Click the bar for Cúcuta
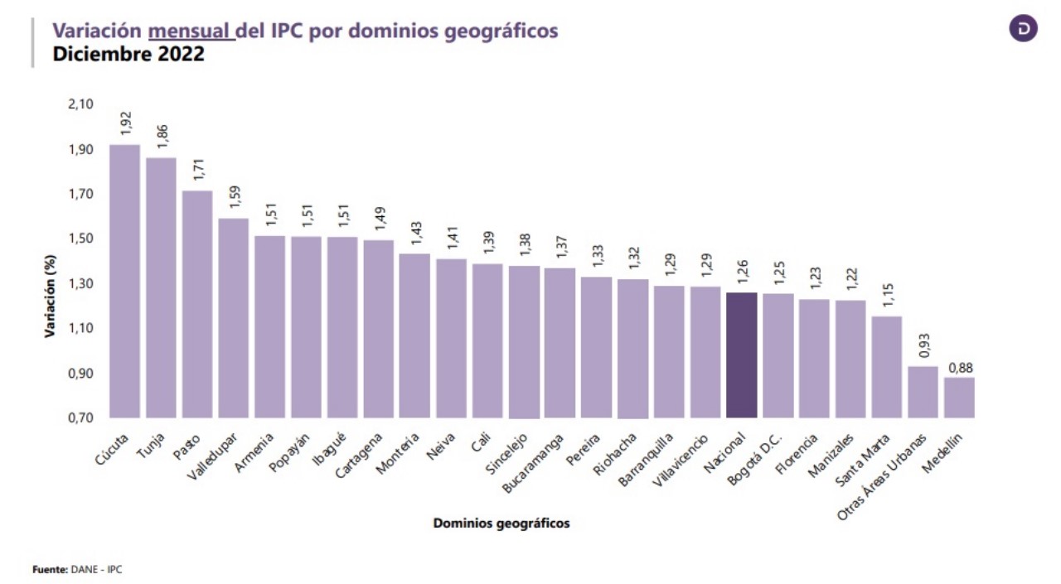click(x=124, y=282)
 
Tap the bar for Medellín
click(x=959, y=398)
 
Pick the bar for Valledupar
click(x=233, y=318)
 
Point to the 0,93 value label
click(x=924, y=345)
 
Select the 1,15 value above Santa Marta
click(x=888, y=295)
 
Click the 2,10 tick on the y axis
click(x=82, y=104)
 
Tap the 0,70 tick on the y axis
click(x=82, y=417)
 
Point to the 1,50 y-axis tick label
click(x=82, y=239)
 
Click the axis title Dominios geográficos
click(x=501, y=524)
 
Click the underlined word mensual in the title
click(x=190, y=31)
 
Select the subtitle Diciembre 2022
click(x=128, y=55)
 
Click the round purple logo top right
click(x=1024, y=28)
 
